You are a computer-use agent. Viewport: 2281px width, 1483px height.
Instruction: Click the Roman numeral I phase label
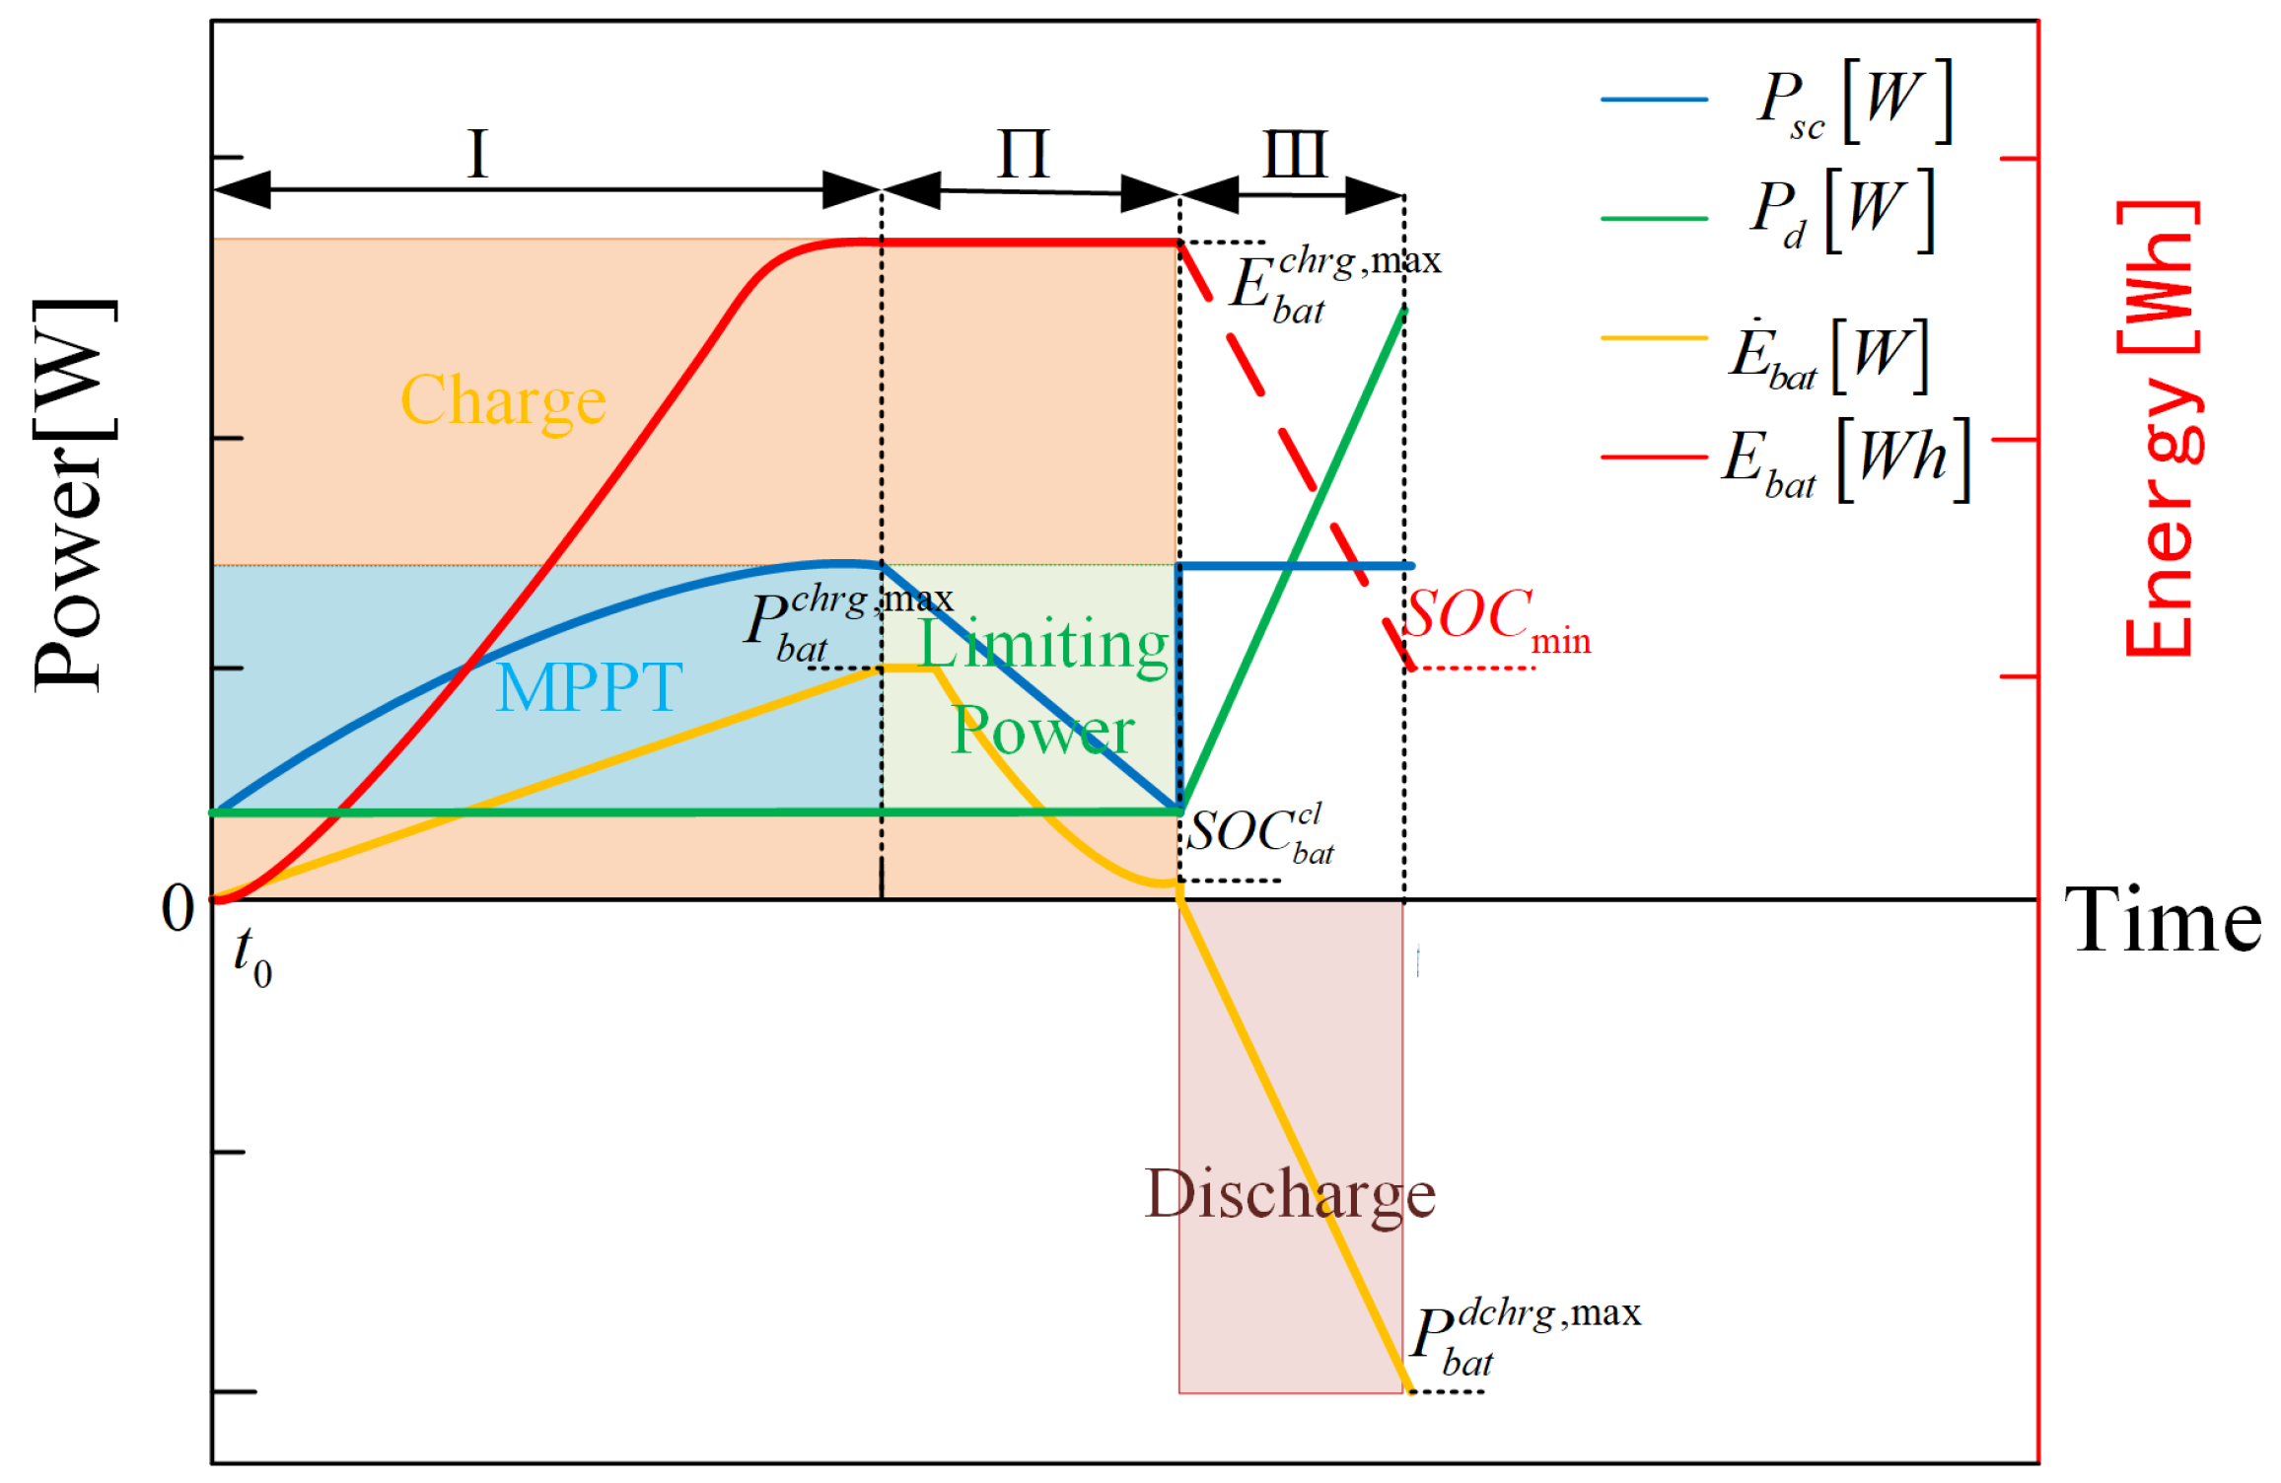[x=478, y=154]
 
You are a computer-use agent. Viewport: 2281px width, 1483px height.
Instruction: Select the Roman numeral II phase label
[x=1024, y=154]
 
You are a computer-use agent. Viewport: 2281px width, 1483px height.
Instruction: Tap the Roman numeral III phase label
[x=1295, y=154]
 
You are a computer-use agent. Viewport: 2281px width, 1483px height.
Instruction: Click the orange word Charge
[x=503, y=400]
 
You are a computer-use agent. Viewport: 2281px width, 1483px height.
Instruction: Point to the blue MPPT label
[x=589, y=686]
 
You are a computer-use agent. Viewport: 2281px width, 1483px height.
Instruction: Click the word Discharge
[x=1289, y=1194]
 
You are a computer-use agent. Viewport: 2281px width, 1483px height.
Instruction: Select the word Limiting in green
[x=1043, y=644]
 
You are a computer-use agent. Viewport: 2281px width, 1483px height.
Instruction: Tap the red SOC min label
[x=1496, y=619]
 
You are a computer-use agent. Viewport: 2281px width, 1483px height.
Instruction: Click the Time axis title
[x=2163, y=920]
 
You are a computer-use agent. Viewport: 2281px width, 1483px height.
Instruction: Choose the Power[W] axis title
[x=74, y=495]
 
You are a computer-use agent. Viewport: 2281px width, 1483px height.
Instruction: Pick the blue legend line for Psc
[x=1654, y=100]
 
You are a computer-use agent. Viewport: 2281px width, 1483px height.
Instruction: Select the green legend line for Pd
[x=1654, y=218]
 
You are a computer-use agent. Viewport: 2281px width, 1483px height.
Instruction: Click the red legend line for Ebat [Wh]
[x=1654, y=458]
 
